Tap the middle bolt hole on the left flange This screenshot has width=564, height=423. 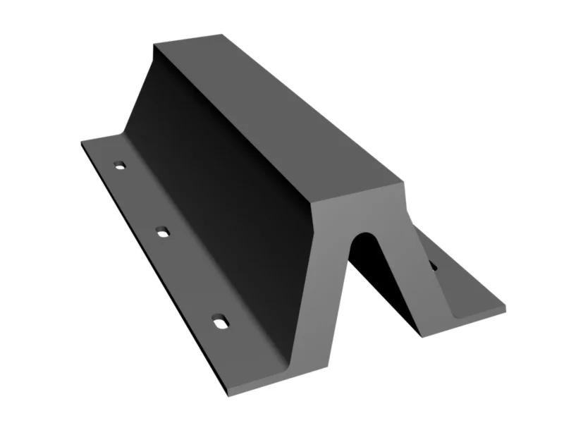pyautogui.click(x=162, y=231)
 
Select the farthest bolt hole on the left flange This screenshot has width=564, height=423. pyautogui.click(x=120, y=165)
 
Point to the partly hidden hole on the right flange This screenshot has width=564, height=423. pyautogui.click(x=433, y=266)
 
